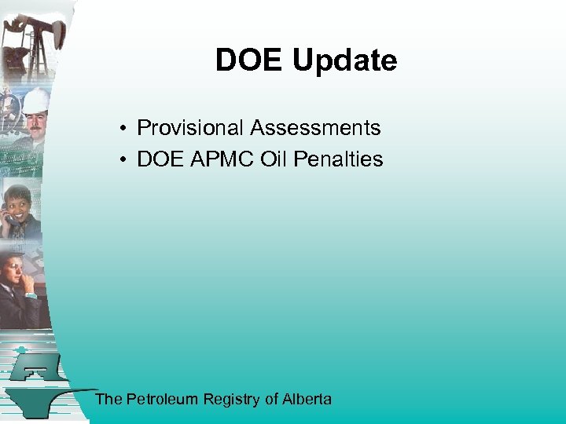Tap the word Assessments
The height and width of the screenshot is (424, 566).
315,127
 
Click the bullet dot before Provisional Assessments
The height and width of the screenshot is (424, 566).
124,128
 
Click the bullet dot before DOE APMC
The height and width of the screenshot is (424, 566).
124,159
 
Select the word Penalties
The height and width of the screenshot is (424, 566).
338,159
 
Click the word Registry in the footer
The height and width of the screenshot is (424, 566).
231,400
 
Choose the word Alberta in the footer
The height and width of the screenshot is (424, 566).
307,399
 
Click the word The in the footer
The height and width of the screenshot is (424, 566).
108,399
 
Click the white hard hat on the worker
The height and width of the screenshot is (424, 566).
35,100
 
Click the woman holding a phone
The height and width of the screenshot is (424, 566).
20,208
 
